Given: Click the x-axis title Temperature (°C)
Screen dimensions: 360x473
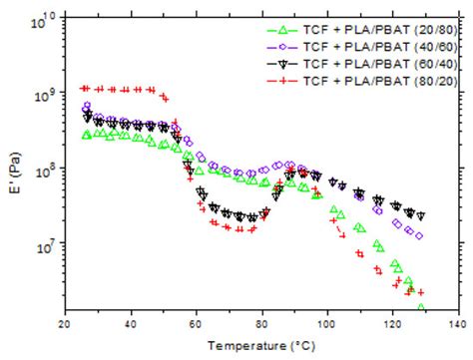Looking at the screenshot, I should coord(260,347).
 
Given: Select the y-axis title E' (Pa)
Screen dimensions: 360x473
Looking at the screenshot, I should coord(13,165).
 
